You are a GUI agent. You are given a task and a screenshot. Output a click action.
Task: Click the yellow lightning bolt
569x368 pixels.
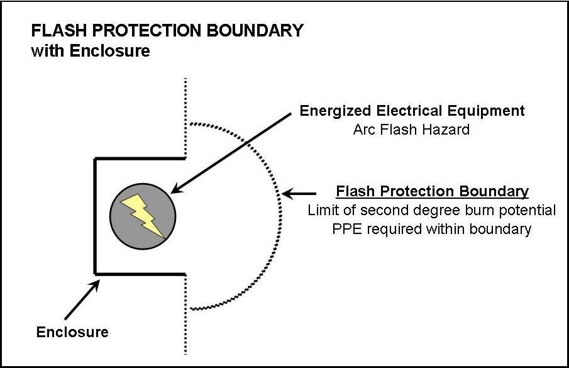[143, 216]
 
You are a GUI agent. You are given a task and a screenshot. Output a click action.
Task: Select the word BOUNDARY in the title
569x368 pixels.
[255, 30]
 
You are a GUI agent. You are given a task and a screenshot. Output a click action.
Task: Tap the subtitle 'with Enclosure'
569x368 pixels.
[91, 51]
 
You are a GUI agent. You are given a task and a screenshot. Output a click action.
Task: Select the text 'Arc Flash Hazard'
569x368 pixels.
[411, 130]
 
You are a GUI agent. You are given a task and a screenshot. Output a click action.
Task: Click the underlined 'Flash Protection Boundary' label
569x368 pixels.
[432, 191]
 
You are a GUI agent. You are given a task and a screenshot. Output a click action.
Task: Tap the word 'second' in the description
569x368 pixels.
[382, 210]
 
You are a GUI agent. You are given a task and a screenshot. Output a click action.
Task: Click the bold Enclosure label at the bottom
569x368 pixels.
[72, 332]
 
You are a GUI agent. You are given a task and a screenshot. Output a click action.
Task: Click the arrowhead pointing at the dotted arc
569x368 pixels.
[288, 194]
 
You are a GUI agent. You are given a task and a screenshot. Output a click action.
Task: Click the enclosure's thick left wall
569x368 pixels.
[95, 216]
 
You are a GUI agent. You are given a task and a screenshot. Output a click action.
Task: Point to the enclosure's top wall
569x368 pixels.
[140, 159]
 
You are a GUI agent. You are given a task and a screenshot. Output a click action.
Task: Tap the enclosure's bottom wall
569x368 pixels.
[140, 274]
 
